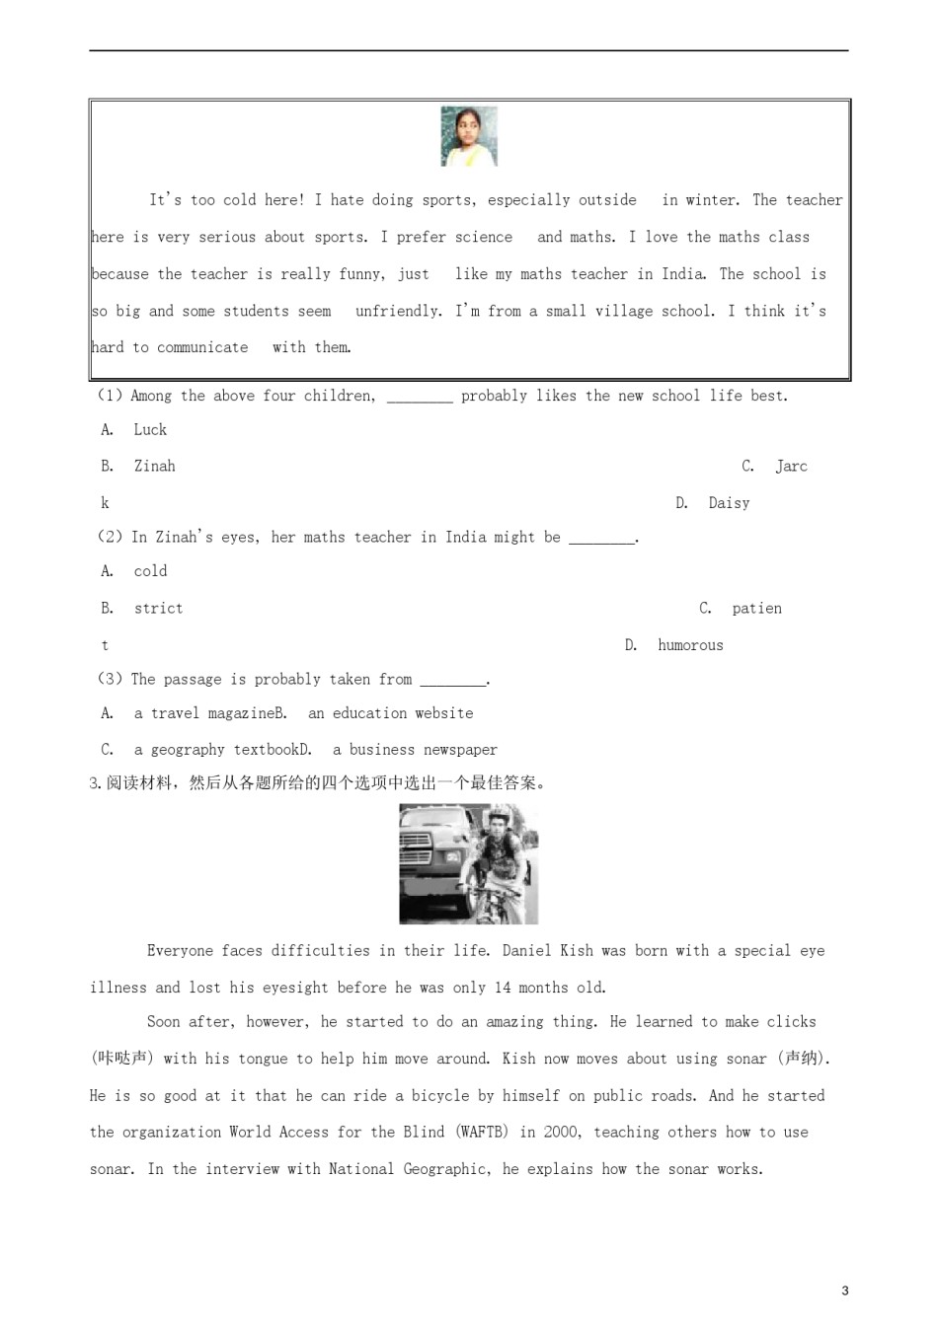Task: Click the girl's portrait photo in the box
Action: click(x=469, y=136)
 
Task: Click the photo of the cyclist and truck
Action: click(x=468, y=863)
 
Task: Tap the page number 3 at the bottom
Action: click(x=844, y=1289)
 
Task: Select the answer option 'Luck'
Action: click(x=150, y=429)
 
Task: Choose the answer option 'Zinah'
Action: click(x=154, y=466)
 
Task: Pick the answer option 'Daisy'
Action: click(x=729, y=503)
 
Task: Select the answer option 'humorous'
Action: click(x=690, y=645)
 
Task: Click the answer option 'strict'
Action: click(x=158, y=608)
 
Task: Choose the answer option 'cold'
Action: click(x=150, y=571)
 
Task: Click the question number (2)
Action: click(x=110, y=537)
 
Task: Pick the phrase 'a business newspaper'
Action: click(x=415, y=750)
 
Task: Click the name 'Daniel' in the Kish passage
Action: click(x=526, y=951)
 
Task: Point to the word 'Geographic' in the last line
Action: click(x=445, y=1169)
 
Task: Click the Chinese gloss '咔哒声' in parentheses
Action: click(x=122, y=1059)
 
